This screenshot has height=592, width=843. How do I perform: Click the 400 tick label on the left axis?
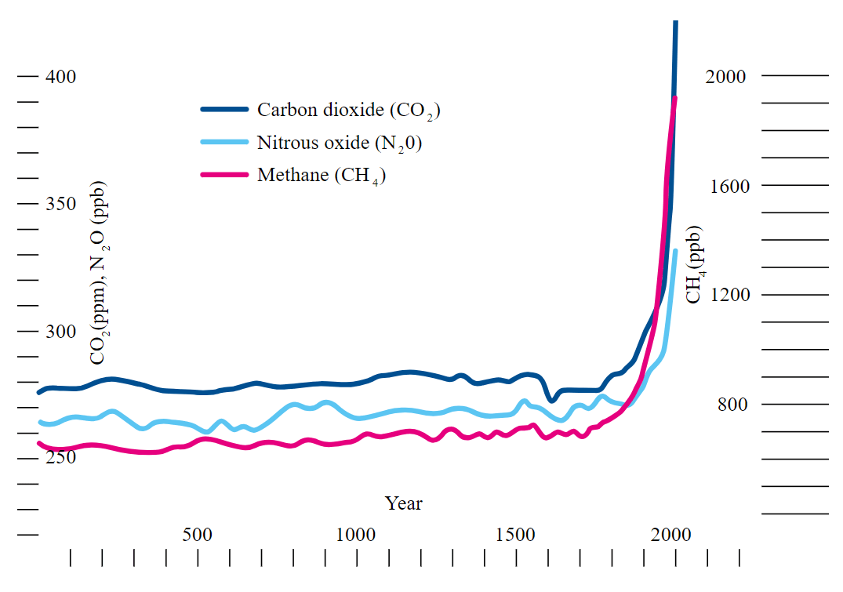click(60, 77)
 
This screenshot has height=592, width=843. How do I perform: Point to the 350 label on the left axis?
click(60, 204)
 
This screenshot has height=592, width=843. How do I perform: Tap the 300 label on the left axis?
click(60, 331)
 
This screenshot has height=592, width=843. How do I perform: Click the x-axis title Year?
click(403, 503)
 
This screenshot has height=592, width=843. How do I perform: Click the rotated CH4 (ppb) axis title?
click(695, 265)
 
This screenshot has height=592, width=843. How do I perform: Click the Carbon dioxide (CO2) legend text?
click(348, 111)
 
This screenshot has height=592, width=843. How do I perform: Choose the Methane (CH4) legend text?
click(322, 175)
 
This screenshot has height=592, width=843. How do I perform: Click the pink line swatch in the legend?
click(224, 174)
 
